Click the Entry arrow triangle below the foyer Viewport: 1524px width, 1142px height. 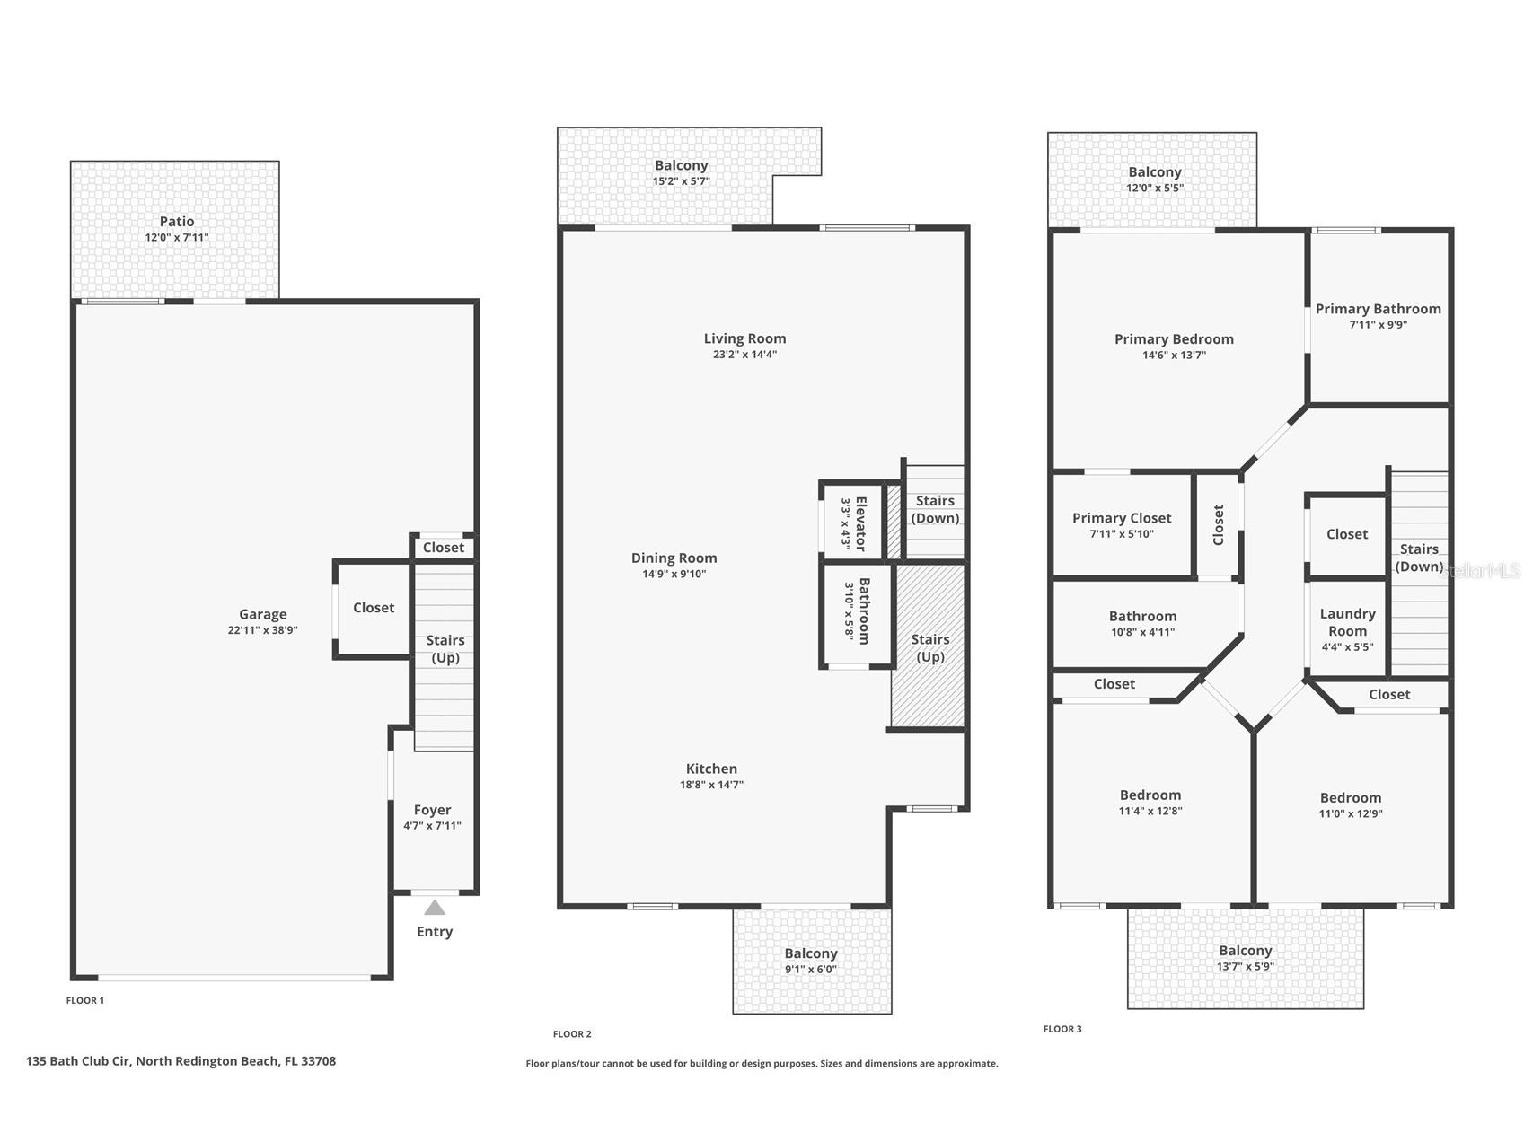tap(435, 908)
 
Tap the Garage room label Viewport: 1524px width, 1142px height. tap(262, 614)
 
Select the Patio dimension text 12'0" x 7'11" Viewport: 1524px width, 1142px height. tap(177, 238)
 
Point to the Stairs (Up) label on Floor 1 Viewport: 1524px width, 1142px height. tap(445, 648)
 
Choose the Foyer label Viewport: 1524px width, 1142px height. tap(432, 810)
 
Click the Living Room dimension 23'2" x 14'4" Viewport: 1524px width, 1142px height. tap(744, 355)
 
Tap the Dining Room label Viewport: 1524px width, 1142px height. tap(674, 558)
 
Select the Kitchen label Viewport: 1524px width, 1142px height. tap(711, 769)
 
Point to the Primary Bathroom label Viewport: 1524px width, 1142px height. tap(1378, 309)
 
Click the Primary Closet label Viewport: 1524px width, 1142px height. tap(1122, 518)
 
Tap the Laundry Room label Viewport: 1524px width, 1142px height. tap(1347, 622)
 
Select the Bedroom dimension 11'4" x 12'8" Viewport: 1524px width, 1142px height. tap(1150, 811)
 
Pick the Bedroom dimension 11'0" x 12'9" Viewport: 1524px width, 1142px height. tap(1350, 814)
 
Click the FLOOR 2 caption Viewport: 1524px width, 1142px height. tap(572, 1034)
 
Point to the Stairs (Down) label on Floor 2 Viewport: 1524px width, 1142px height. tap(935, 509)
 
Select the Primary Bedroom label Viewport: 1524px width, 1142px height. tap(1174, 339)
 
